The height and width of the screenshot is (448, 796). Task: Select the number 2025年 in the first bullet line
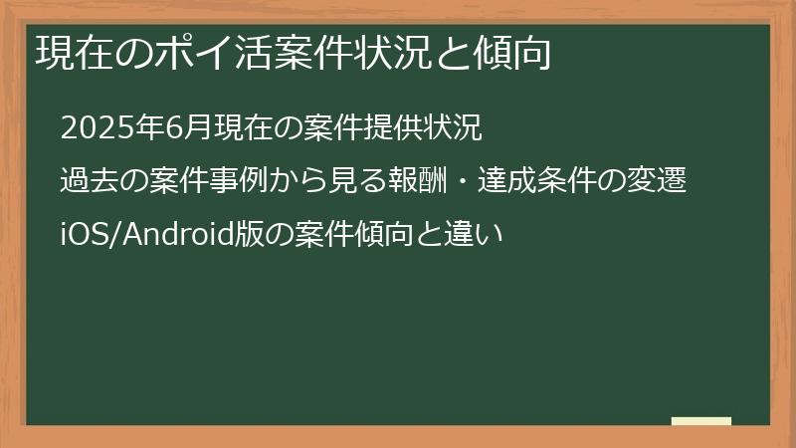coord(107,128)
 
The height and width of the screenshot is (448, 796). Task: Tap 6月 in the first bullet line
coord(181,128)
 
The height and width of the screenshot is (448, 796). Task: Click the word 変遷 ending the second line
coord(662,182)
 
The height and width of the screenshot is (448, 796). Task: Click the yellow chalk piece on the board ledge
coord(701,421)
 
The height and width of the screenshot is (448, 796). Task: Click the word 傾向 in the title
coord(506,53)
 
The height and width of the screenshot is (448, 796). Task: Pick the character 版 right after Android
coord(246,236)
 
